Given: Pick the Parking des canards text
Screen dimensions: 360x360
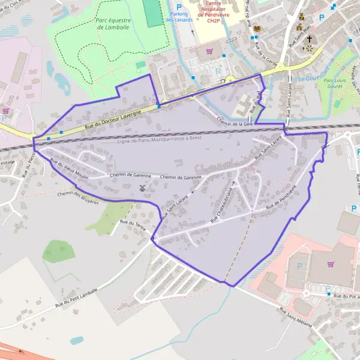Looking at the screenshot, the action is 179,17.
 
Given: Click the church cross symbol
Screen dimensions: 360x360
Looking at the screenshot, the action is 309,40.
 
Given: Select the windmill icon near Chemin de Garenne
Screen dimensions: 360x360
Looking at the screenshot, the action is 142,188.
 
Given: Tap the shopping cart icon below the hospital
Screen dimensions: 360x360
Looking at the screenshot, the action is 209,52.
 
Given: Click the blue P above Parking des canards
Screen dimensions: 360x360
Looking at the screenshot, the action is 178,7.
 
